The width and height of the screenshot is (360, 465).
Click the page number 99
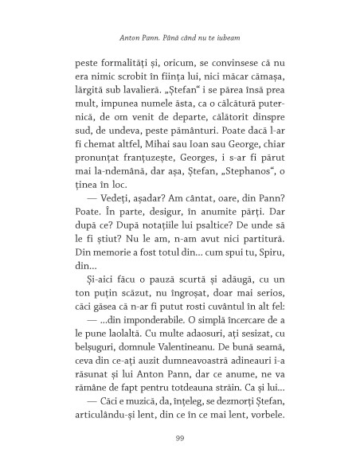click(180, 437)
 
